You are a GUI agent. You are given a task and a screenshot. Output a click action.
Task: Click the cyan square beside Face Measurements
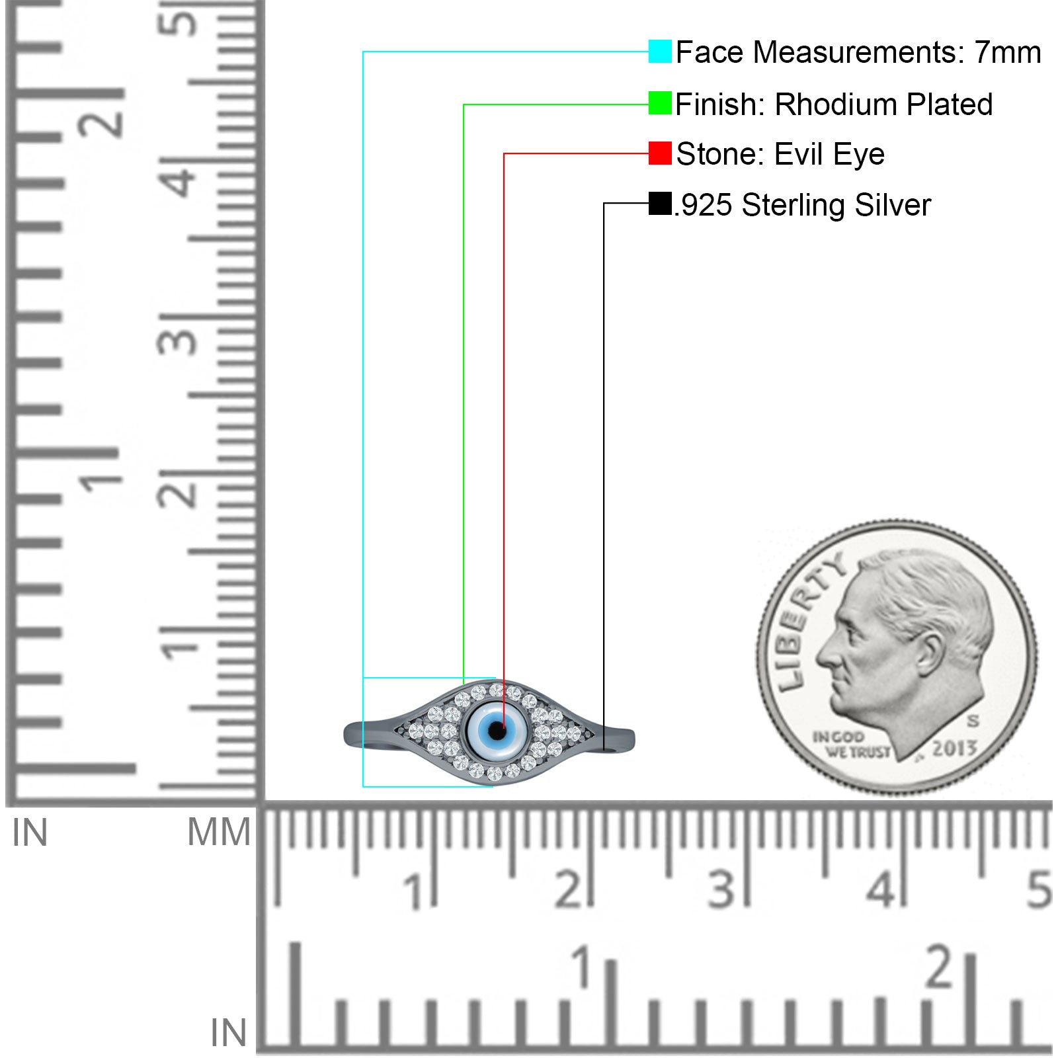click(660, 52)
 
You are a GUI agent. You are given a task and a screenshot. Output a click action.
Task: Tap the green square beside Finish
click(660, 103)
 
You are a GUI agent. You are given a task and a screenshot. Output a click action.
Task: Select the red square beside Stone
click(660, 153)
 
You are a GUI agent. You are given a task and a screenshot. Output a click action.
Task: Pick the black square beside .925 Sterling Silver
click(660, 204)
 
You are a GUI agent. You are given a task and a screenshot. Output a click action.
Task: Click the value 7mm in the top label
click(1008, 52)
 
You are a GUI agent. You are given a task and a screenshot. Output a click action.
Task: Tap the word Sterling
click(793, 205)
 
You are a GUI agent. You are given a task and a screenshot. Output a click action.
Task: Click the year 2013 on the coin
click(954, 749)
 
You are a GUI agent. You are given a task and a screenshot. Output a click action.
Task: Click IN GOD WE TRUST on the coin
click(850, 744)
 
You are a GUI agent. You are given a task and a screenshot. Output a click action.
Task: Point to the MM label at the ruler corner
click(220, 832)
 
